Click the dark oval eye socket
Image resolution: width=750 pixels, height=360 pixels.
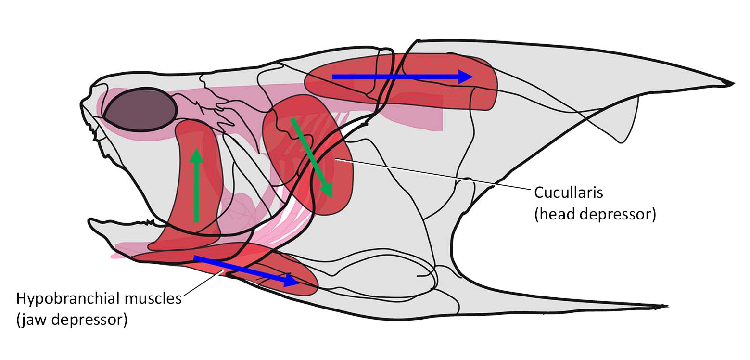[x=140, y=110]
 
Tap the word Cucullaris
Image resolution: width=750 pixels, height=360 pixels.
[x=569, y=193]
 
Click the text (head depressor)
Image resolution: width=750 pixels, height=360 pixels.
[x=595, y=214]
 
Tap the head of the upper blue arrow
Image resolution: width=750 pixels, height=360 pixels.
[x=466, y=77]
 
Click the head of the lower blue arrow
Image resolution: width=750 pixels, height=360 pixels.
[x=292, y=280]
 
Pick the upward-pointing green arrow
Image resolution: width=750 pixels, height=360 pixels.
[x=196, y=186]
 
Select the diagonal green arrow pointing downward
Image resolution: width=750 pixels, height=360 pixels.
[x=312, y=158]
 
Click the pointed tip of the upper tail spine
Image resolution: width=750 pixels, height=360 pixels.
[x=733, y=84]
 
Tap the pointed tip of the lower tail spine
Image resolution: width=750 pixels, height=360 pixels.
[x=667, y=306]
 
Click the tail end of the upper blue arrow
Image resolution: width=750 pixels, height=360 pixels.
[x=332, y=77]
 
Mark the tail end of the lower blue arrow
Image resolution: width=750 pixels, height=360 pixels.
[x=195, y=258]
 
